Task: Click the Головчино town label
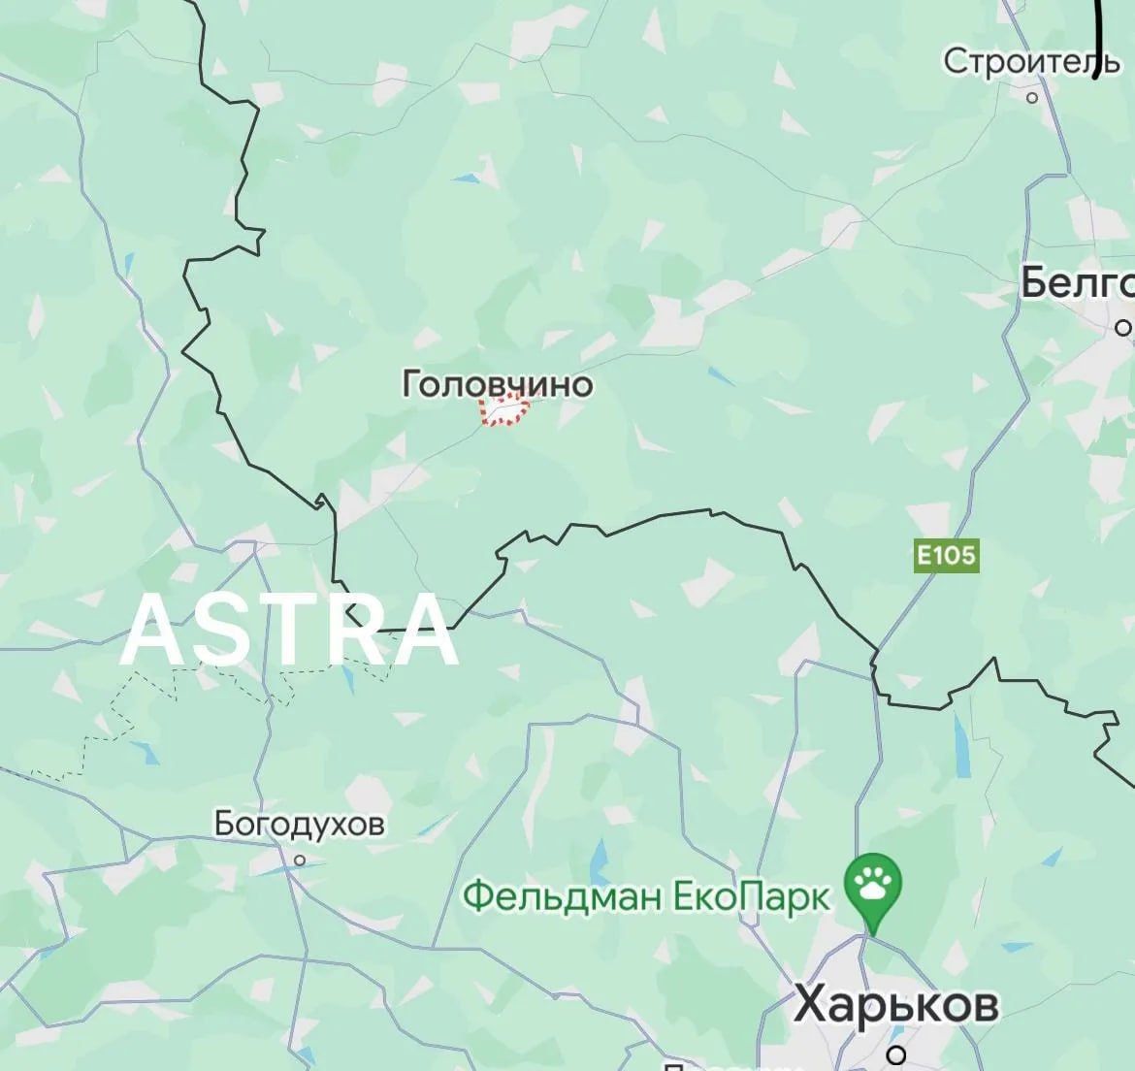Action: point(497,384)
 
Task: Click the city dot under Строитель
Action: point(1032,97)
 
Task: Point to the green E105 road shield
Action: point(946,556)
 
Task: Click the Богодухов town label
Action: point(299,825)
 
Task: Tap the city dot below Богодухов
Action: point(300,860)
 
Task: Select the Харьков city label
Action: point(895,1004)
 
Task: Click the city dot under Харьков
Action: point(898,1054)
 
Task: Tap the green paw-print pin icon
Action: point(873,883)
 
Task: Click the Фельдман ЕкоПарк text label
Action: point(647,895)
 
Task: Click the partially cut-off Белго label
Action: point(1077,283)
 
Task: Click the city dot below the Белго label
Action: point(1123,327)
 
